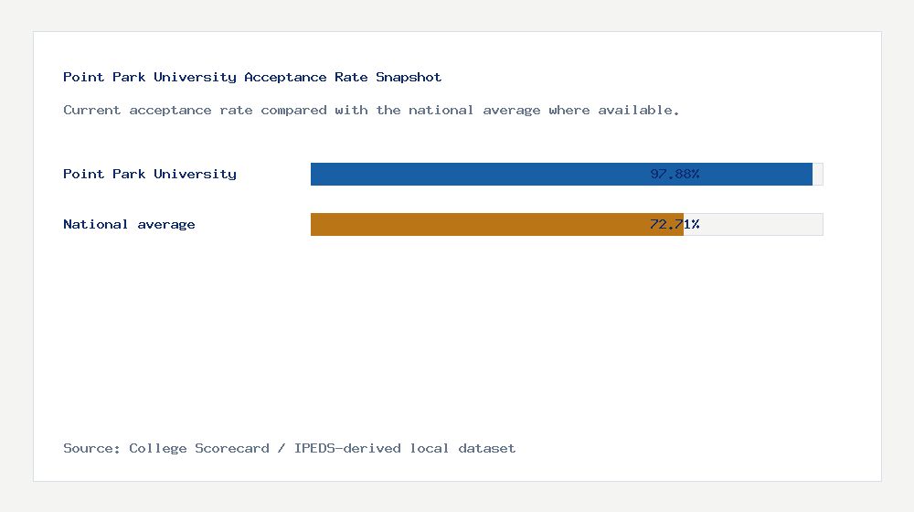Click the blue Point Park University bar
(x=475, y=174)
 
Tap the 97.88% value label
(x=675, y=174)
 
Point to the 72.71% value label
(x=675, y=224)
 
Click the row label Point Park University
(x=150, y=174)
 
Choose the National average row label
(x=129, y=224)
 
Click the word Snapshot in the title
(x=409, y=78)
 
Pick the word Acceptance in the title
(x=285, y=78)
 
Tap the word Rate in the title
(x=351, y=78)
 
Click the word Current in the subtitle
(x=92, y=111)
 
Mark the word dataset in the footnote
(x=486, y=449)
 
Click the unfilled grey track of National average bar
(x=753, y=224)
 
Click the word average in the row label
(x=166, y=224)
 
